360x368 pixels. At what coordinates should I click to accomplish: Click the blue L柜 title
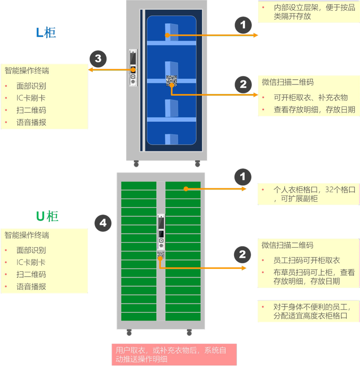(x=46, y=33)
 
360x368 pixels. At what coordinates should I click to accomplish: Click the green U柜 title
(x=47, y=216)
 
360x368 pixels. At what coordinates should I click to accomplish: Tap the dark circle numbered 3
(x=98, y=59)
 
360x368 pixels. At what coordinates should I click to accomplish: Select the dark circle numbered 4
(x=103, y=223)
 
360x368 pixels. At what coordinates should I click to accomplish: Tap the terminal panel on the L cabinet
(x=132, y=67)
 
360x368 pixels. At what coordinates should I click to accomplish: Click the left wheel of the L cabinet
(x=136, y=164)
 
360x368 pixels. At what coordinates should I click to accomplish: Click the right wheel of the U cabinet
(x=189, y=333)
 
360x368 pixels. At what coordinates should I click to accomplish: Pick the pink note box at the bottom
(x=174, y=354)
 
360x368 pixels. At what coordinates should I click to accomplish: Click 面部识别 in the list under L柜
(x=31, y=86)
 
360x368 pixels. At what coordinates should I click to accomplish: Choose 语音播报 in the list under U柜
(x=31, y=287)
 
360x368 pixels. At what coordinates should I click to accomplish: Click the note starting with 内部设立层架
(x=309, y=12)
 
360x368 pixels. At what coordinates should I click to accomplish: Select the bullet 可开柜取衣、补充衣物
(x=310, y=98)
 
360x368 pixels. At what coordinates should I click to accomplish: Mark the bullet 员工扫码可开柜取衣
(x=307, y=260)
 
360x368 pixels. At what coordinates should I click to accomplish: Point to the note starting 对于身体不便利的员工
(x=309, y=311)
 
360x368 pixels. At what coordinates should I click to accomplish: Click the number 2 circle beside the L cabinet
(x=243, y=85)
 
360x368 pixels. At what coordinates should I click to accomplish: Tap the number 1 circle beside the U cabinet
(x=243, y=177)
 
